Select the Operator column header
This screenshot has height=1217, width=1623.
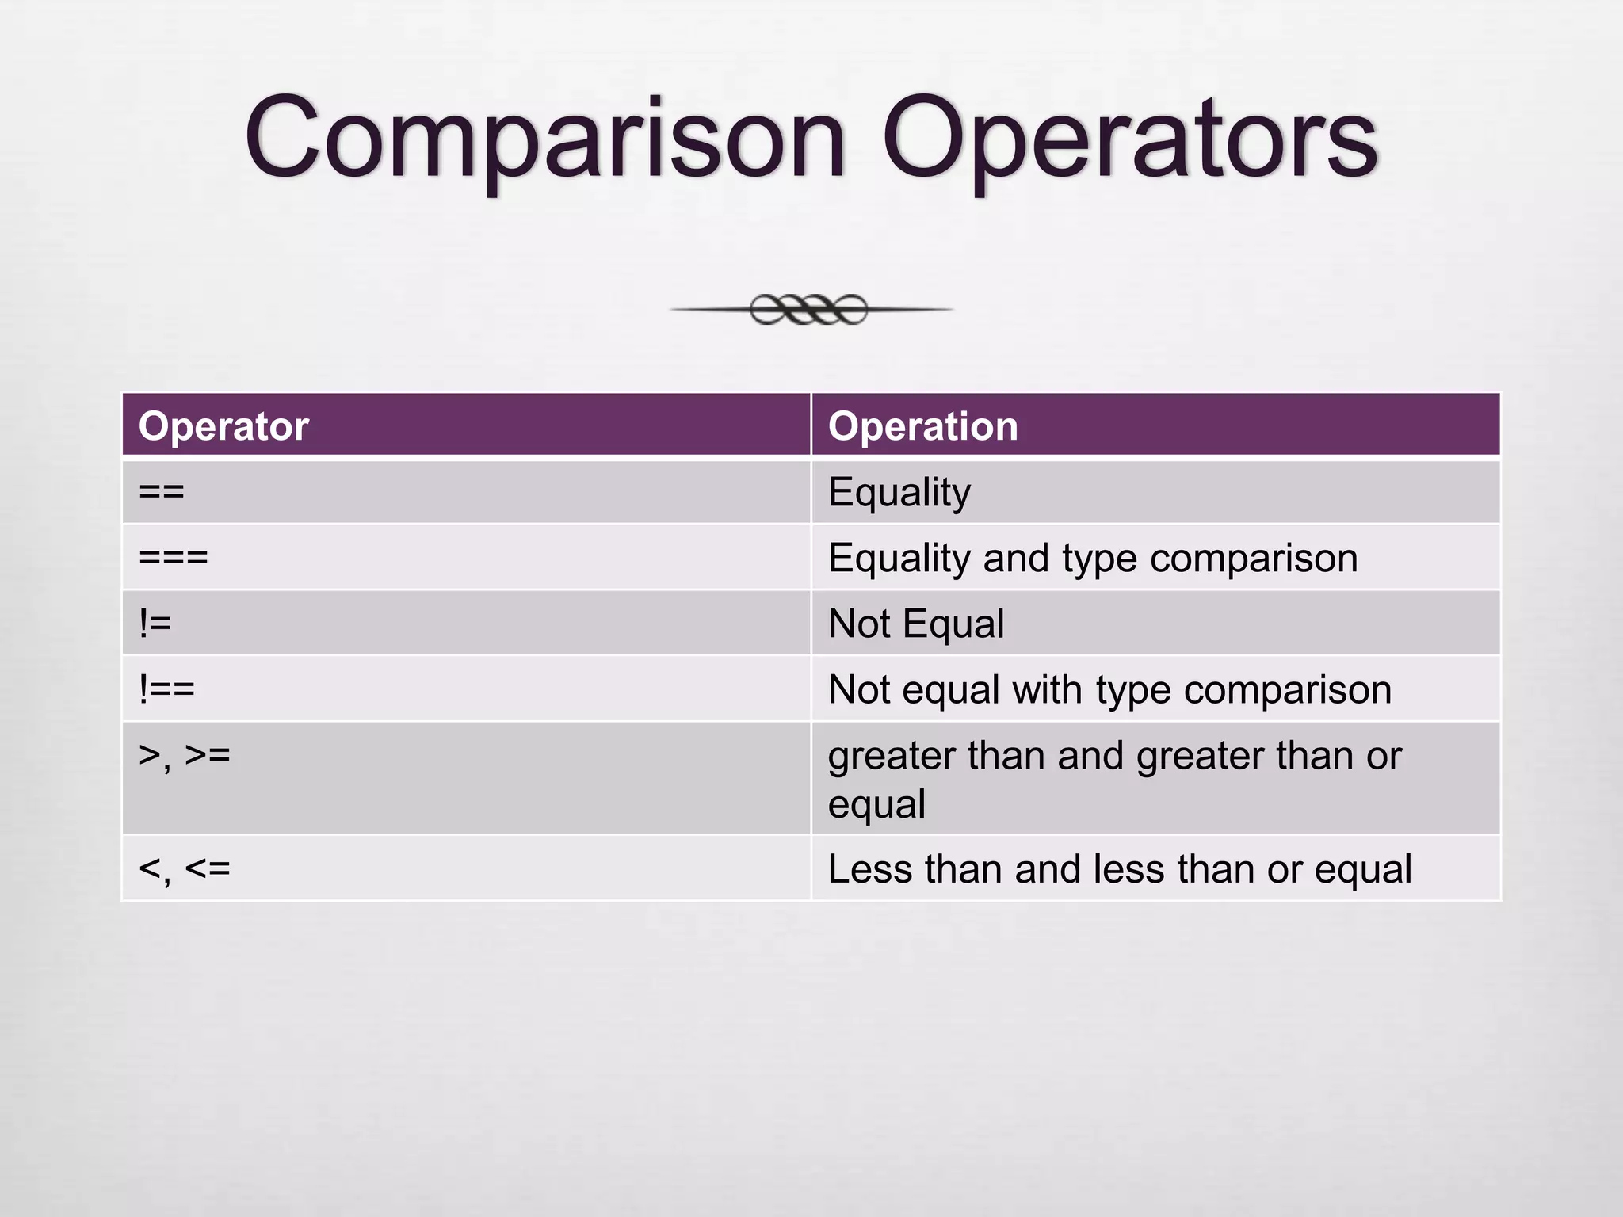click(223, 426)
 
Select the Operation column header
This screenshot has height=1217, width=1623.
click(922, 426)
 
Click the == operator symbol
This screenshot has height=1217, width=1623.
click(162, 492)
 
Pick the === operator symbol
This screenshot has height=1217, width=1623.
click(173, 558)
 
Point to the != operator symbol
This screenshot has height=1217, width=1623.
click(155, 624)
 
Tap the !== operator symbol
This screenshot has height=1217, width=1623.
click(166, 689)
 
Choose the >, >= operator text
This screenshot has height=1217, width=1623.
click(184, 755)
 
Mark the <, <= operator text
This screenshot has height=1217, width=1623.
click(184, 868)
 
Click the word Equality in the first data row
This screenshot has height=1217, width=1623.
click(899, 492)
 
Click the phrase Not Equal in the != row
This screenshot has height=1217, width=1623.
click(916, 624)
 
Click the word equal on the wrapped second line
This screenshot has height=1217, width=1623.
click(876, 805)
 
